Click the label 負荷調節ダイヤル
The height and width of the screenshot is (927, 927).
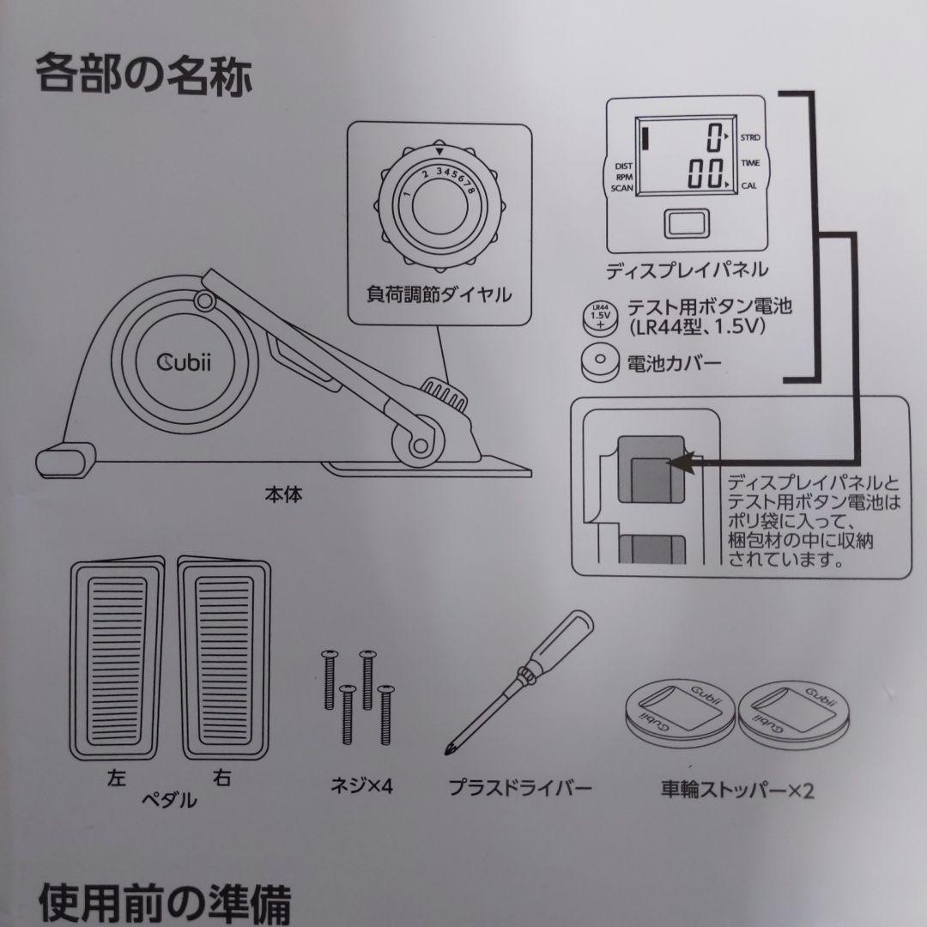439,294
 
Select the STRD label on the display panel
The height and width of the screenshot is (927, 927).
750,137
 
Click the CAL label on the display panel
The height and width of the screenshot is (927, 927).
748,185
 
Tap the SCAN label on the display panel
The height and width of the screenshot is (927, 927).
621,186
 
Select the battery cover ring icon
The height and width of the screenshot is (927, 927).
600,361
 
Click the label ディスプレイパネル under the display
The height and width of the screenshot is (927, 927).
687,270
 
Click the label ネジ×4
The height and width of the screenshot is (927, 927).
361,785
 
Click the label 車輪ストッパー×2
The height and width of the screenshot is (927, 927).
736,787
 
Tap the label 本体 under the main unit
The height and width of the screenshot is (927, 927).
283,495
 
